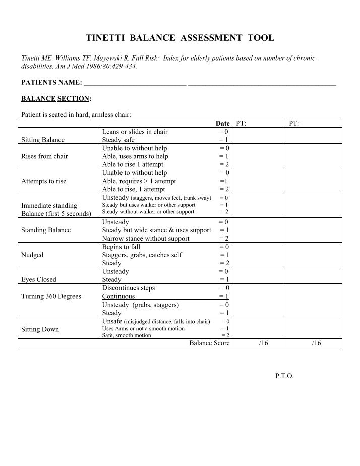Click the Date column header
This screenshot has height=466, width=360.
(222, 124)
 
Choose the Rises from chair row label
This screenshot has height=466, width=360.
(44, 156)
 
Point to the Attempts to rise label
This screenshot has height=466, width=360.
(43, 181)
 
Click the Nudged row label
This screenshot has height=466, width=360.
(32, 255)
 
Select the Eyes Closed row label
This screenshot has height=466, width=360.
(38, 279)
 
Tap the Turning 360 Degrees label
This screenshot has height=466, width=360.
(51, 296)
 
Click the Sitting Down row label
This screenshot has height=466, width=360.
(40, 329)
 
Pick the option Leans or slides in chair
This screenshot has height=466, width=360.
(135, 132)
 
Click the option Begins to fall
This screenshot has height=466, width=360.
(122, 247)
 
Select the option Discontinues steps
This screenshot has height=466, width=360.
(129, 288)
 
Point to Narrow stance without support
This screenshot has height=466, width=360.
(146, 239)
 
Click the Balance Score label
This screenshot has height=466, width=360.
(209, 343)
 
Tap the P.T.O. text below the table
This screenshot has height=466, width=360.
(284, 376)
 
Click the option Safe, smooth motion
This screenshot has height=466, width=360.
(127, 335)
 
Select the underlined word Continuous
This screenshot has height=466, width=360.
(118, 296)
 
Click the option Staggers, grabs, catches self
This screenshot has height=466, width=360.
(142, 255)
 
